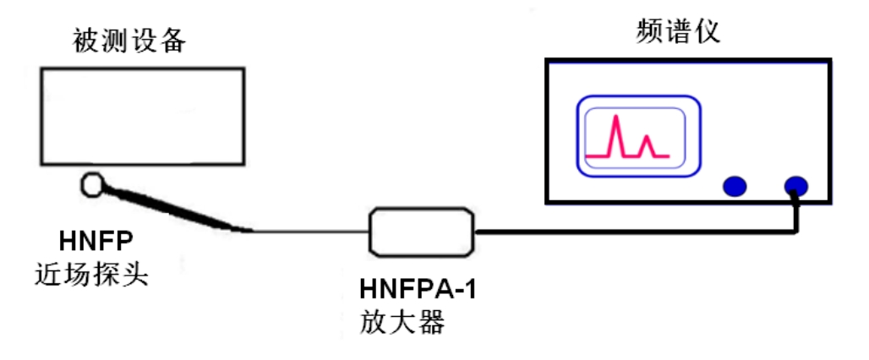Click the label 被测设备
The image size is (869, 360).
[x=128, y=40]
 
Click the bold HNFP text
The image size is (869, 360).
[x=96, y=242]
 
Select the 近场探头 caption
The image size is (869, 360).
[x=92, y=275]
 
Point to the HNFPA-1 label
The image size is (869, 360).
[x=418, y=287]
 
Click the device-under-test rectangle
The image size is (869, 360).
[x=142, y=116]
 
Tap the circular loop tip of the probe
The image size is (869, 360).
[x=92, y=183]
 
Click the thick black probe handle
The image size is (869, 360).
[x=169, y=208]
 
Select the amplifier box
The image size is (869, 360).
[x=420, y=231]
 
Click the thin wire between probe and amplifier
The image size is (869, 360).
[x=309, y=231]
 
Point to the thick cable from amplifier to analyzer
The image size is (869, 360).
[x=634, y=230]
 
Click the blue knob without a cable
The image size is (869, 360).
[x=735, y=186]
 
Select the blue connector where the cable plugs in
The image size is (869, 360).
[x=795, y=186]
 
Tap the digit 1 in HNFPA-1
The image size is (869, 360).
[x=469, y=287]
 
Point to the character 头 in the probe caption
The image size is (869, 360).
[x=135, y=275]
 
